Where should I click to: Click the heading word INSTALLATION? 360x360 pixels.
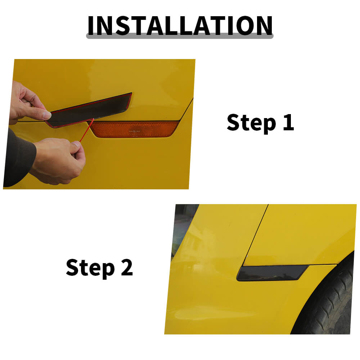point(180,26)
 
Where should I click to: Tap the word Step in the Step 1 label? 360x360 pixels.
point(251,123)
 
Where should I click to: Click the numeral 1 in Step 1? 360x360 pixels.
point(289,122)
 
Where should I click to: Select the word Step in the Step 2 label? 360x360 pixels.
point(90,268)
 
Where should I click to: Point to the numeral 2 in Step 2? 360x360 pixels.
point(127,267)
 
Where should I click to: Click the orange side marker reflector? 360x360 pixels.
point(134,129)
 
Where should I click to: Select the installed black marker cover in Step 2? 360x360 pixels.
point(272,273)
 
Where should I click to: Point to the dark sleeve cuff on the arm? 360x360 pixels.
point(19,158)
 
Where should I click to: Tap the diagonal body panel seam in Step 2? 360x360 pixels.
point(256,235)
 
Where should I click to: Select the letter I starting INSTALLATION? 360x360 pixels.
point(91,26)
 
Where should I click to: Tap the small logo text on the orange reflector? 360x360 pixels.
point(134,131)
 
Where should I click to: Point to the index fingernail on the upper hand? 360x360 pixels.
point(47,115)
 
